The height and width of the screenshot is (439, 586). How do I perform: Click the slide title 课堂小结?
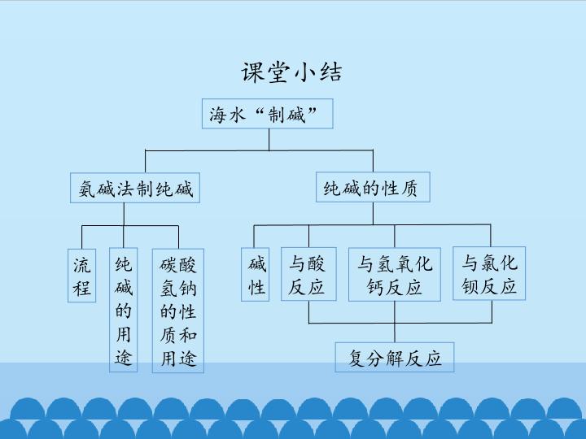point(291,72)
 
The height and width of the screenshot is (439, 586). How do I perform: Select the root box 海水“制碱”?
point(267,114)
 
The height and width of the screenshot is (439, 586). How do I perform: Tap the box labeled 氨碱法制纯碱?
point(135,188)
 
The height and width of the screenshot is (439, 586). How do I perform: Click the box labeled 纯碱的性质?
point(373,187)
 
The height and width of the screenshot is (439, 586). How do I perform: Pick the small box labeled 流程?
point(82,275)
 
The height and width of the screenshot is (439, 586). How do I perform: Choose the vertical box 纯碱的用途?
point(124,310)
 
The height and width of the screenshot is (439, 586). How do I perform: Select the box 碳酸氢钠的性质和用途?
point(178,311)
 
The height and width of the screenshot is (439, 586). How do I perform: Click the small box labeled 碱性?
point(256,275)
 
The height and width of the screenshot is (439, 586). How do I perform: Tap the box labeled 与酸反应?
point(308,274)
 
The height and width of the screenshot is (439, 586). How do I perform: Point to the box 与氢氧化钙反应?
point(395,275)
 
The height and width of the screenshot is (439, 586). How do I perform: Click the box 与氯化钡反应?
point(489,273)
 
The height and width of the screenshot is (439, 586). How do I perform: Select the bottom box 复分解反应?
point(395,357)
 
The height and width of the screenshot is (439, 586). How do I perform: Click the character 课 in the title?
point(252,72)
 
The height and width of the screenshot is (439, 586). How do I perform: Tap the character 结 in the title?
point(330,72)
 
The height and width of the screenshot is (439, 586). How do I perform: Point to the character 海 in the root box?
point(217,115)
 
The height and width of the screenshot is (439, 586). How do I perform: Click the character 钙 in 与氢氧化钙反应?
point(375,287)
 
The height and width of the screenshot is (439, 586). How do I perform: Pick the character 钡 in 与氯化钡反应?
point(470,286)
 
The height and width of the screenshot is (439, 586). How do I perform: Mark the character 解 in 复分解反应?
point(395,358)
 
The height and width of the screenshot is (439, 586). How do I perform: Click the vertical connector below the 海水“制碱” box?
point(269,140)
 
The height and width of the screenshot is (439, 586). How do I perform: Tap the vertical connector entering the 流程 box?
point(82,237)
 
